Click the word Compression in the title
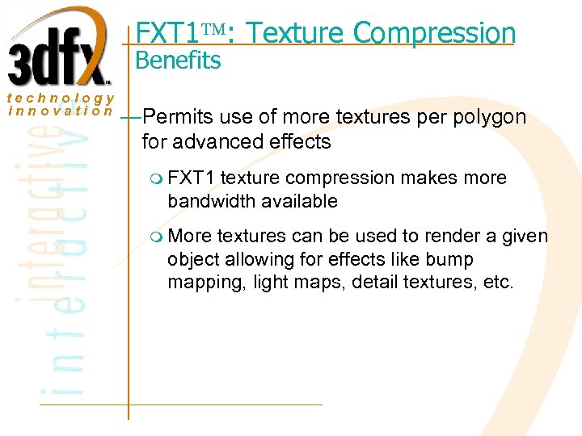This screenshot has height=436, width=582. (x=435, y=33)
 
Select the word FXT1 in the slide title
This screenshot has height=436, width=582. (x=167, y=33)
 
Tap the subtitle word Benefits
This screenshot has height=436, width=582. (x=178, y=61)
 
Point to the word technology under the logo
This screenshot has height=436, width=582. (x=61, y=99)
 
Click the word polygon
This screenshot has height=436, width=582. (x=491, y=118)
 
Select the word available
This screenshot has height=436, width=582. (x=298, y=200)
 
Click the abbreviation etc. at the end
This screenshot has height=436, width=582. (x=500, y=283)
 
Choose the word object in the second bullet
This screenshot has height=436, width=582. (x=189, y=260)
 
